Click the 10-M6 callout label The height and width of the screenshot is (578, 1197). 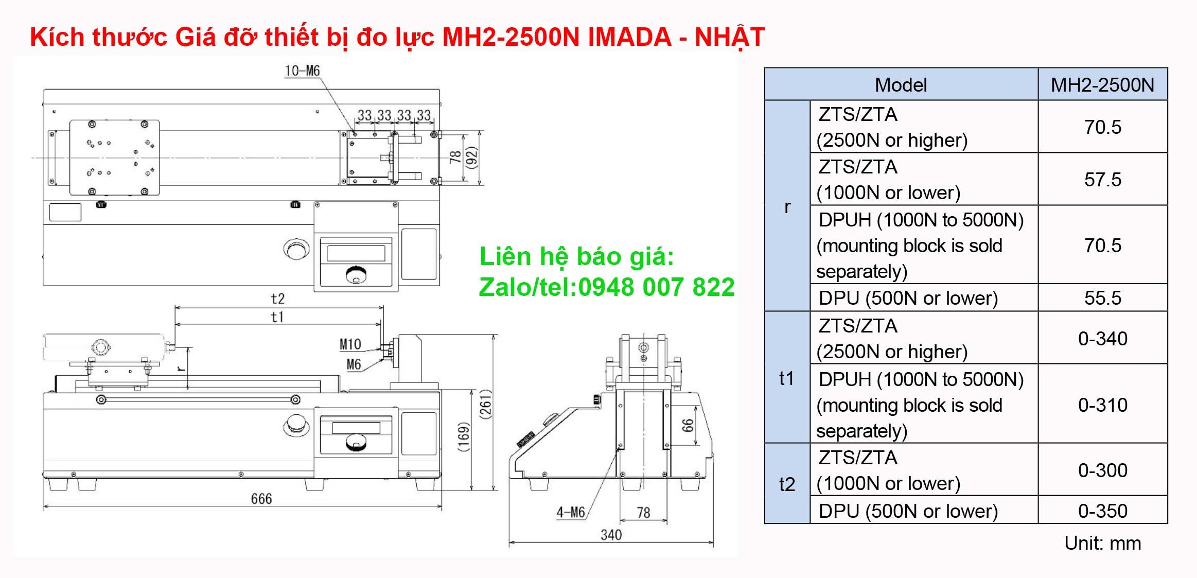[302, 71]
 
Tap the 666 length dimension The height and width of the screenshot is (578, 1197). [261, 499]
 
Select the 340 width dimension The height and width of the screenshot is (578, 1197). [611, 535]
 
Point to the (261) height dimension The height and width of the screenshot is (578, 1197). [486, 404]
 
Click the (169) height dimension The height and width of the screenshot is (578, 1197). [464, 437]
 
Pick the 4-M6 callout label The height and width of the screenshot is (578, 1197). [570, 512]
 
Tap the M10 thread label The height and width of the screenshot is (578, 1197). [350, 344]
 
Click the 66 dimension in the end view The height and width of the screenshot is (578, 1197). [688, 425]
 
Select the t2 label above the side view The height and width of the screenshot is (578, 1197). [277, 299]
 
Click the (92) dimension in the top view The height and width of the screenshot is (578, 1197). [472, 157]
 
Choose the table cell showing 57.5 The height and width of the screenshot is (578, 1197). [1102, 180]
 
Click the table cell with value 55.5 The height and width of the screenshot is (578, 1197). [1102, 298]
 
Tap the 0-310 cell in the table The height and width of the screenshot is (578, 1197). [1102, 405]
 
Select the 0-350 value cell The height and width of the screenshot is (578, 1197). [1102, 511]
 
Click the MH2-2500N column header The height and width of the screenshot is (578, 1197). [1102, 85]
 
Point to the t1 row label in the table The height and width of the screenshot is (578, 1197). [786, 378]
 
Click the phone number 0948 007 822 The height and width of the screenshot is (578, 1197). [656, 287]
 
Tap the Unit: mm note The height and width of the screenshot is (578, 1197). [1102, 544]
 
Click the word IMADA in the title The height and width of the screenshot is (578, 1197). [629, 37]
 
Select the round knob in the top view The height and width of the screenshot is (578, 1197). [297, 249]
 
